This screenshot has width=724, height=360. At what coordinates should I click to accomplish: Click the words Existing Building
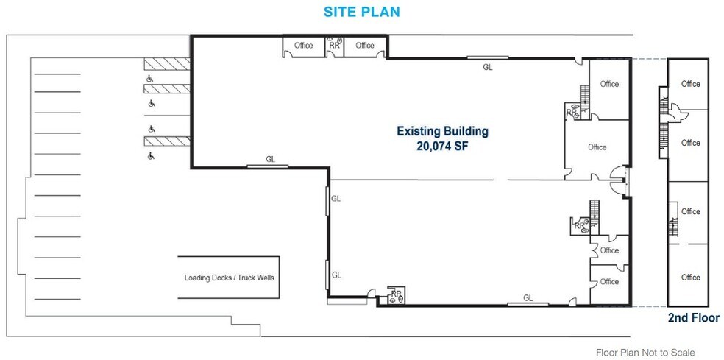442,132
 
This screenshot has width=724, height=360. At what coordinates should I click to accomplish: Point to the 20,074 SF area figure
442,146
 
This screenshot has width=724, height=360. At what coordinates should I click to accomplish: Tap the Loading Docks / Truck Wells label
228,278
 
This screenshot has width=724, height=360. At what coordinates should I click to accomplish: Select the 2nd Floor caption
693,318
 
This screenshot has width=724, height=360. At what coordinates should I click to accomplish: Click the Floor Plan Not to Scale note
645,353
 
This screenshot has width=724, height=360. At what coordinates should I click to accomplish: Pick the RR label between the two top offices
335,46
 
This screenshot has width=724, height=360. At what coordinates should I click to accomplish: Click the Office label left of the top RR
303,46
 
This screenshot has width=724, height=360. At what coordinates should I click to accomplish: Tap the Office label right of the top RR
364,46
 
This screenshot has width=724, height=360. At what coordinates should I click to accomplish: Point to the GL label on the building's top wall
487,67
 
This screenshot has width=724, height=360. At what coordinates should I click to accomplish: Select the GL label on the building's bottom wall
528,297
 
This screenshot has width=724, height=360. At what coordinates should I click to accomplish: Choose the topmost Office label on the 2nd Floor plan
690,84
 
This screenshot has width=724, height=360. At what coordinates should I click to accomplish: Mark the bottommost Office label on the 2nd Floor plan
690,278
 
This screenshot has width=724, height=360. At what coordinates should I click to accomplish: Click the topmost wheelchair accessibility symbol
150,77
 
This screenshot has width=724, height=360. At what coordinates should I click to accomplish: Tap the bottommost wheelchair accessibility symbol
150,155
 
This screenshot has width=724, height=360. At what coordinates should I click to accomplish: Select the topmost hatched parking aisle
167,63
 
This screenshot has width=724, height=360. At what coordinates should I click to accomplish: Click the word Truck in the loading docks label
246,278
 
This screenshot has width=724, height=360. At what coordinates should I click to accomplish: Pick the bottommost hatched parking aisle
167,141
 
